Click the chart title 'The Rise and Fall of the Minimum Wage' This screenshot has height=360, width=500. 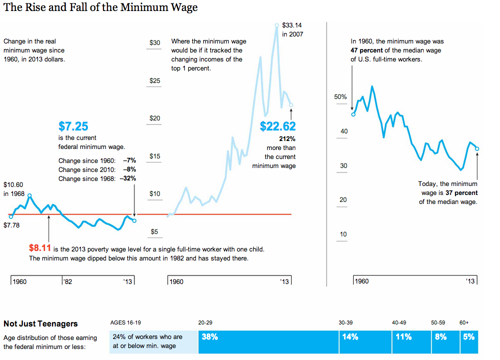pos(100,7)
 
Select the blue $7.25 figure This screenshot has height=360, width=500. pos(73,126)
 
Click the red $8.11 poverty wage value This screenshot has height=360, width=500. pos(40,248)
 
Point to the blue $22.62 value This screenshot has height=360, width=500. pos(278,126)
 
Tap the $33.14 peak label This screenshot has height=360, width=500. pos(292,24)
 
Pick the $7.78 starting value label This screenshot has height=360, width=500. pos(11,225)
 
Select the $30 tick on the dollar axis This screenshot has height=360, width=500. pos(155,43)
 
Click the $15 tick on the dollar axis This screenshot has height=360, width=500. pos(155,156)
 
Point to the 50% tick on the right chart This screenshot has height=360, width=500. pos(341,97)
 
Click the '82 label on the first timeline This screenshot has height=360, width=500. pos(68,281)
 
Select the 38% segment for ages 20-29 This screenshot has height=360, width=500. pos(210,337)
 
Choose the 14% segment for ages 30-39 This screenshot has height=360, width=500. pos(350,337)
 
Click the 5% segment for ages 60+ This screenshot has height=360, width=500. pos(469,337)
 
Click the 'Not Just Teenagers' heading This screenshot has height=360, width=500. pos(40,323)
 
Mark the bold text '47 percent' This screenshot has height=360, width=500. pos(369,50)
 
